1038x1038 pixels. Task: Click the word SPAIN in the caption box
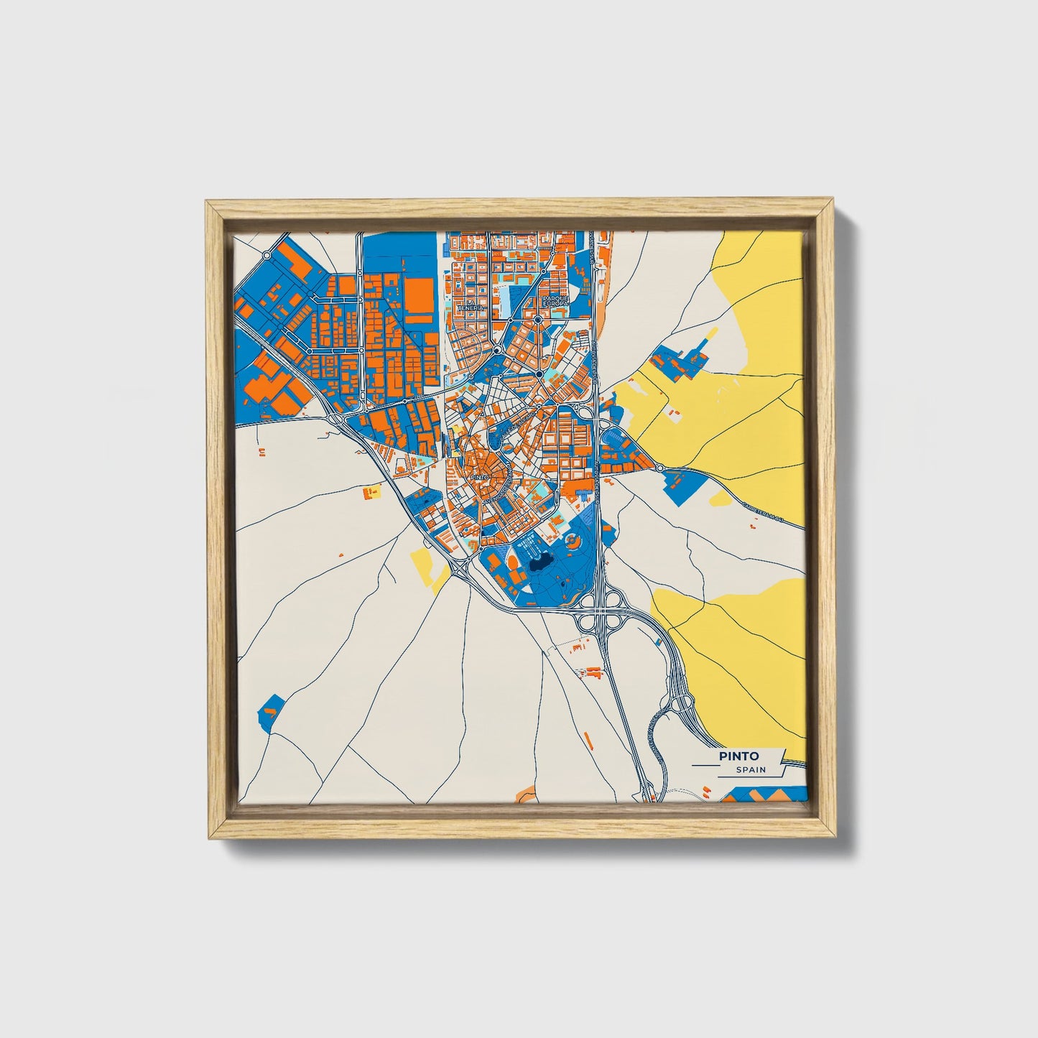pyautogui.click(x=751, y=770)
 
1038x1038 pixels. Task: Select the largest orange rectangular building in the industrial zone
pyautogui.click(x=419, y=297)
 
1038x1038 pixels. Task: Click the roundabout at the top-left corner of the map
pyautogui.click(x=267, y=254)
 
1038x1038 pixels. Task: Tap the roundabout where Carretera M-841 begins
pyautogui.click(x=659, y=468)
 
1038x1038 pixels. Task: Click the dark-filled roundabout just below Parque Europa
pyautogui.click(x=537, y=320)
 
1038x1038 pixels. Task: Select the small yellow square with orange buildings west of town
pyautogui.click(x=371, y=493)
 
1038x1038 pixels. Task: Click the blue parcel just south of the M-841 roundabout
pyautogui.click(x=682, y=483)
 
